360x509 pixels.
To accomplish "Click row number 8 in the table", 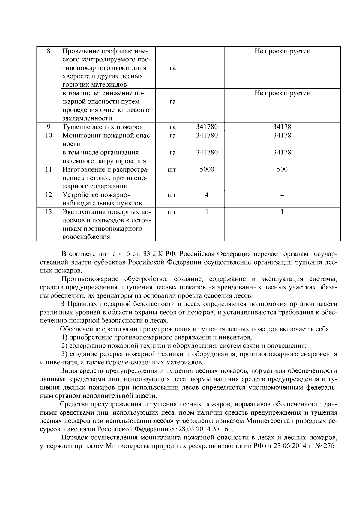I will pyautogui.click(x=49, y=51).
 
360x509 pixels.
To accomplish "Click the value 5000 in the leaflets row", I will pyautogui.click(x=207, y=169).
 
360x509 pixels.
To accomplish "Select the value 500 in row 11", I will pyautogui.click(x=282, y=169).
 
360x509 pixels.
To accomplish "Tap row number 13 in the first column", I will pyautogui.click(x=49, y=212).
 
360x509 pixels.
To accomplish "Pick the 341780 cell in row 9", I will pyautogui.click(x=207, y=127).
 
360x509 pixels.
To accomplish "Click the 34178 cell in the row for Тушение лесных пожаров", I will pyautogui.click(x=282, y=127).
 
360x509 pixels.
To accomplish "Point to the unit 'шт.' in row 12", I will pyautogui.click(x=172, y=195).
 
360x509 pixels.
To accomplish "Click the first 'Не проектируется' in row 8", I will pyautogui.click(x=282, y=51).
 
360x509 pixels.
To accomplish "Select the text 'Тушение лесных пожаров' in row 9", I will pyautogui.click(x=103, y=127).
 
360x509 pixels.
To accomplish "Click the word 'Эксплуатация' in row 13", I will pyautogui.click(x=82, y=212).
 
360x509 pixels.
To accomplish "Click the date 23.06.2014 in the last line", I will pyautogui.click(x=288, y=446).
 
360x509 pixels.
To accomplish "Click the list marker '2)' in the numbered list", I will pyautogui.click(x=65, y=346).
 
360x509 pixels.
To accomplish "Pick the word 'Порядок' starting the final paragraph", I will pyautogui.click(x=74, y=437).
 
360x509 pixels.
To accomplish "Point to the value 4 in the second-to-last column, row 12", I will pyautogui.click(x=207, y=195).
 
